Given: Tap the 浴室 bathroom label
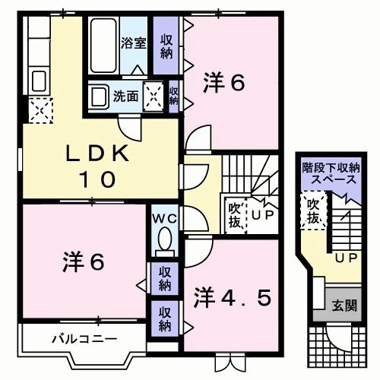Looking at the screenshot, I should [x=134, y=43].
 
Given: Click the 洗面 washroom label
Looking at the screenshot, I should [x=125, y=97].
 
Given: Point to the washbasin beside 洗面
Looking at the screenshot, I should [x=98, y=97].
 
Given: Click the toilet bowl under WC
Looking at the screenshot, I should [x=163, y=242].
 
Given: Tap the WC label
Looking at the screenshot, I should [x=163, y=219].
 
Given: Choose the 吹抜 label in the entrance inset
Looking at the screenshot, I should [x=312, y=211].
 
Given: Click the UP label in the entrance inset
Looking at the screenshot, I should [x=347, y=258].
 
